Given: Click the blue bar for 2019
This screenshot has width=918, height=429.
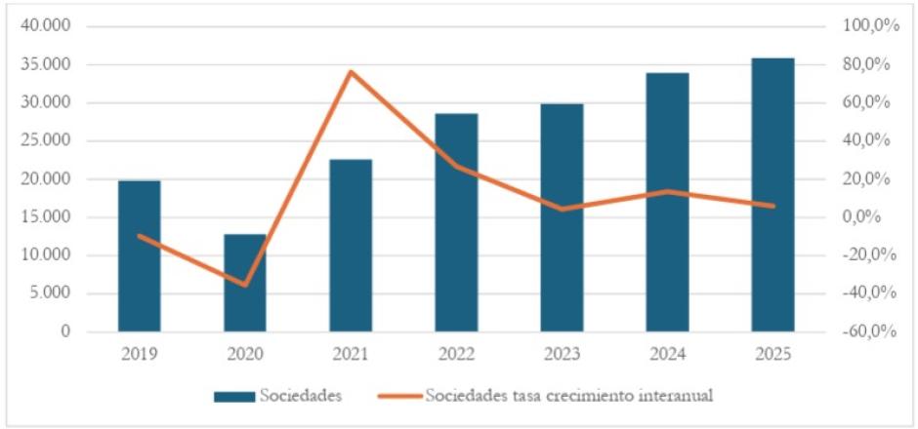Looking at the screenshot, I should click(x=139, y=256).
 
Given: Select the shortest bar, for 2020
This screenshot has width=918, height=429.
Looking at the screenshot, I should click(x=244, y=283).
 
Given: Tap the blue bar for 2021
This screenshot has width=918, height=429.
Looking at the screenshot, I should click(x=350, y=246).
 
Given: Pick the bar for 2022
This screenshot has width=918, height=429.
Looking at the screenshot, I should click(x=456, y=222).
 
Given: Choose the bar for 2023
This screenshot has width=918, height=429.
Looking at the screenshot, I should click(x=562, y=217).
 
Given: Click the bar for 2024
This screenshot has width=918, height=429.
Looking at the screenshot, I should click(x=667, y=202).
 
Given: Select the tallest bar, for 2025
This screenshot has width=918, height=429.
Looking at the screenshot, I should click(x=772, y=195).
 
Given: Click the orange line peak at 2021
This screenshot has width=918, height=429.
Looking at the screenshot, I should click(x=350, y=71).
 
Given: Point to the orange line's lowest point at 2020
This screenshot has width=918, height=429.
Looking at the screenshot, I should click(x=245, y=285).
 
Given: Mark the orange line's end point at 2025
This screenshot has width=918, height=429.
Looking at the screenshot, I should click(x=772, y=206).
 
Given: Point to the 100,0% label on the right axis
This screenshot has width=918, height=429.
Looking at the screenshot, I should click(x=871, y=26).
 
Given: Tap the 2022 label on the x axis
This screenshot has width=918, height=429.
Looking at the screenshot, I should click(x=456, y=353).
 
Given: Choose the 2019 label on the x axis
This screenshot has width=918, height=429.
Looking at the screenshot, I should click(x=139, y=353).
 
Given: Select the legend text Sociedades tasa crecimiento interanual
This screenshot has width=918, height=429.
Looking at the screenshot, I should click(x=569, y=396).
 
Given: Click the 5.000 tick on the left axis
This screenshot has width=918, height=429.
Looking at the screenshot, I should click(x=50, y=293).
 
